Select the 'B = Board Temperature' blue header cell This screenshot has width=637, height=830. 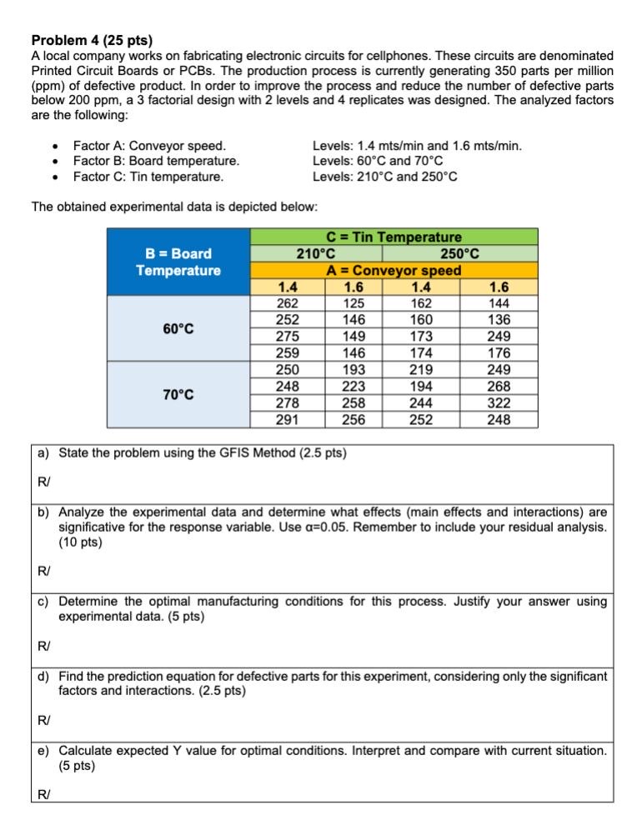point(178,262)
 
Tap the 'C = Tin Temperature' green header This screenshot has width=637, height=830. point(394,237)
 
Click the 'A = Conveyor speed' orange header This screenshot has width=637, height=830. point(394,270)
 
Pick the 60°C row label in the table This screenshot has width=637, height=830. point(178,328)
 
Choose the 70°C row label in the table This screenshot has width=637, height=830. point(178,394)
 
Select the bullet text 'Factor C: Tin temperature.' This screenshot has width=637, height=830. point(148,176)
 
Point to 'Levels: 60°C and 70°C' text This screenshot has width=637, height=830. point(378,161)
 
